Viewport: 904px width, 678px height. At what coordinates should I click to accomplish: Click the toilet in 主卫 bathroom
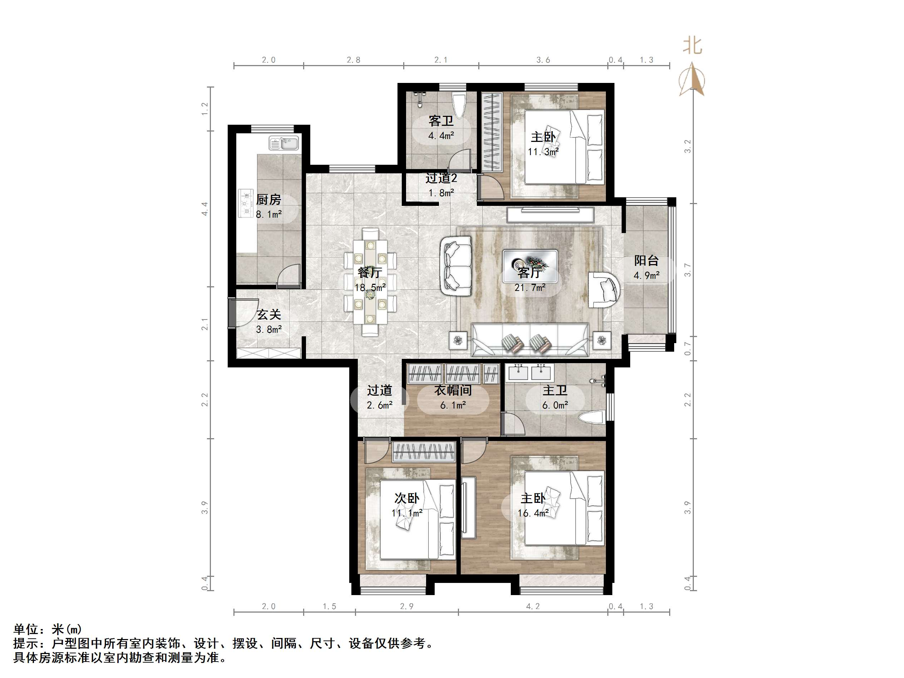[591, 418]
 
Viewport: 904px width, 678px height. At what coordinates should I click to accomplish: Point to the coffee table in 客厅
[530, 266]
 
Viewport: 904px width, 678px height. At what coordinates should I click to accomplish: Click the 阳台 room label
[646, 260]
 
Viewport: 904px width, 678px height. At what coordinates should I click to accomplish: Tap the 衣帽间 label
[453, 390]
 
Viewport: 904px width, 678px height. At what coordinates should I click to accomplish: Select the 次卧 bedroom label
[407, 498]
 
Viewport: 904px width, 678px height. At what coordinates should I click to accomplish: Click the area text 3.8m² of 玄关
[268, 330]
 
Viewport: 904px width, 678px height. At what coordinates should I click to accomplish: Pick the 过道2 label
[441, 178]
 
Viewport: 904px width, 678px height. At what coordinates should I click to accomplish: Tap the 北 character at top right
[692, 46]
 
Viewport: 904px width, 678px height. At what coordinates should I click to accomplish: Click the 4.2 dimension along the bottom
[533, 607]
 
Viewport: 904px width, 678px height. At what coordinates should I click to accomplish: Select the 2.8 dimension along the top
[354, 60]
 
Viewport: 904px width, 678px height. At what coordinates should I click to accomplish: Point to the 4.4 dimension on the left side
[205, 209]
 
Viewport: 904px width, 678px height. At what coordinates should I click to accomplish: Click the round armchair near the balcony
[604, 290]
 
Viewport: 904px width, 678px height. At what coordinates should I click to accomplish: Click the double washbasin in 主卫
[530, 372]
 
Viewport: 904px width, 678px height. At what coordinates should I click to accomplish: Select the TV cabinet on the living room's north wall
[550, 214]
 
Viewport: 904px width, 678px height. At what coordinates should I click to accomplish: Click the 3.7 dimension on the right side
[688, 270]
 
